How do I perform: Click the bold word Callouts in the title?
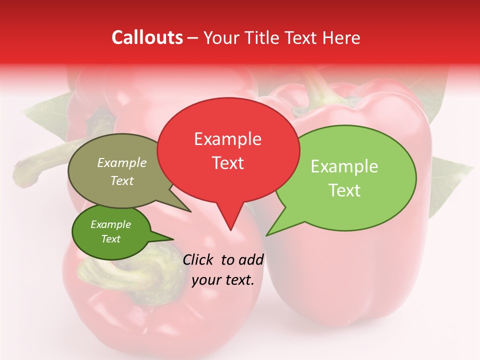[x=147, y=37]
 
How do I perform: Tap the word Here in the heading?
[x=342, y=37]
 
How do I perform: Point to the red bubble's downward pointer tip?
[x=230, y=230]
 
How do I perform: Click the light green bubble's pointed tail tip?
[x=266, y=235]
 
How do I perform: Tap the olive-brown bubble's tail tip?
[x=190, y=211]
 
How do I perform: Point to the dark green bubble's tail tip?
[x=173, y=239]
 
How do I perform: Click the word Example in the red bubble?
[x=227, y=139]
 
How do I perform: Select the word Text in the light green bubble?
[x=344, y=190]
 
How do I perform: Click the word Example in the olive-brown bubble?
[x=122, y=163]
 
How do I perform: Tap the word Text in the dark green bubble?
[x=111, y=239]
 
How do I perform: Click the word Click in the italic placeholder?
[x=198, y=259]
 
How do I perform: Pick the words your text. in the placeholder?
[x=223, y=280]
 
